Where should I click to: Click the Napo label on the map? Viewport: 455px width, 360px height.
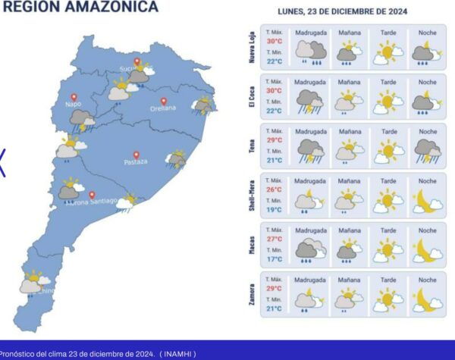tap(73, 104)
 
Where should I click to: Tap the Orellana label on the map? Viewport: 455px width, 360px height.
tap(163, 108)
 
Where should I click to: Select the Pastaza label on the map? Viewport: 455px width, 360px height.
tap(136, 162)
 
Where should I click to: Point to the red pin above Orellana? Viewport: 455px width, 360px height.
tap(163, 100)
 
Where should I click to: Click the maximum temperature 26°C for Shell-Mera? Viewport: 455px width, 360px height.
tap(274, 189)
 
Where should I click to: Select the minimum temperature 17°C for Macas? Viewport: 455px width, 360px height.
tap(274, 258)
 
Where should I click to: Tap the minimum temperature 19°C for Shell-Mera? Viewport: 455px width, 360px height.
tap(274, 208)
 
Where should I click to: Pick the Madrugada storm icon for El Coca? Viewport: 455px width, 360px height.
tap(309, 102)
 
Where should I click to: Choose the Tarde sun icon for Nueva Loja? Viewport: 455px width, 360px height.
tap(389, 53)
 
